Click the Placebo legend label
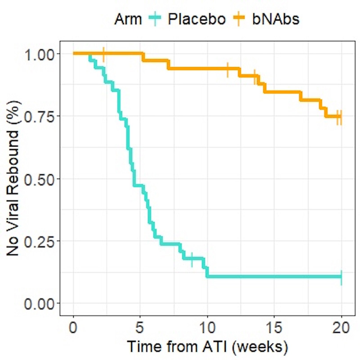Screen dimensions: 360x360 196,19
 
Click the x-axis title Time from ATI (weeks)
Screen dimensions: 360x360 207,347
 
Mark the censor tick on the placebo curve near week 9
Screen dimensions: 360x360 192,259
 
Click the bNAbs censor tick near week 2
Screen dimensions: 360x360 103,54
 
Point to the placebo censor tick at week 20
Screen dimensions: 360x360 341,277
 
